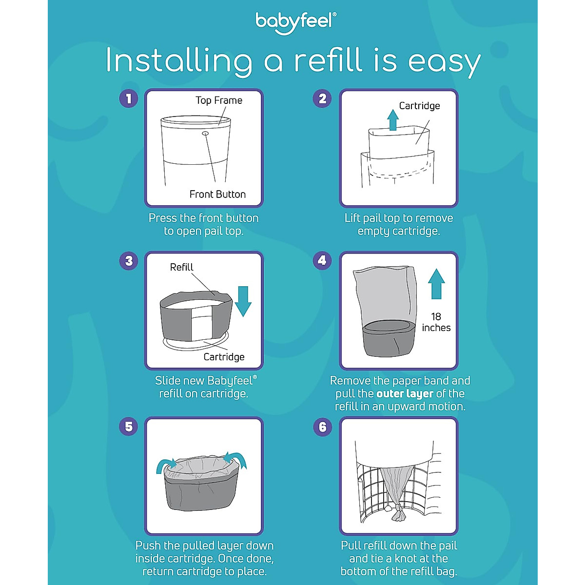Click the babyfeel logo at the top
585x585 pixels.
(295, 22)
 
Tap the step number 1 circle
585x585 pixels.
(129, 98)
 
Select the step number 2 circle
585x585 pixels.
(322, 98)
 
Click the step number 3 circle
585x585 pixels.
(129, 261)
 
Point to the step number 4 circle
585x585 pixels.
(322, 261)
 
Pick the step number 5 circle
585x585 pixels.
(129, 427)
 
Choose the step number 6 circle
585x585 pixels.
(322, 427)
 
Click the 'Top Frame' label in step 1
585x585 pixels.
(219, 100)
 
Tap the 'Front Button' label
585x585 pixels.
(217, 194)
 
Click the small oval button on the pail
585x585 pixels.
(205, 133)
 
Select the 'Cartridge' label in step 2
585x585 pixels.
(419, 106)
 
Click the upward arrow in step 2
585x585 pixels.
(393, 119)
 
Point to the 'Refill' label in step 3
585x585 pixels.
(181, 267)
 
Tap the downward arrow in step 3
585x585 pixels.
(243, 301)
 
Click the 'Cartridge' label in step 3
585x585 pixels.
(224, 357)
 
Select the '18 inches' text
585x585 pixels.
(436, 322)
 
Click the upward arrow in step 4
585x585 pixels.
(436, 284)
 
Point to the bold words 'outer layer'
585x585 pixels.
(405, 393)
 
